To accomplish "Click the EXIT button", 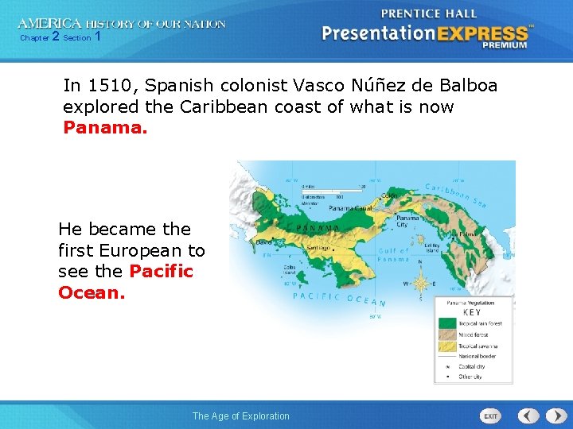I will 491,416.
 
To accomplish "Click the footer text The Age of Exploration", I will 241,416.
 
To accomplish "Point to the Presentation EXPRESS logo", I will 425,34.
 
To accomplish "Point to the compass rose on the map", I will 419,282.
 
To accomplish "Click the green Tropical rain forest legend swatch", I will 446,323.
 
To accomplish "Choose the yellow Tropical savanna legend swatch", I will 446,346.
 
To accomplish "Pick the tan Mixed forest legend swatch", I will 446,334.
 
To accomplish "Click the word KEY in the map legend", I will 472,313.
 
